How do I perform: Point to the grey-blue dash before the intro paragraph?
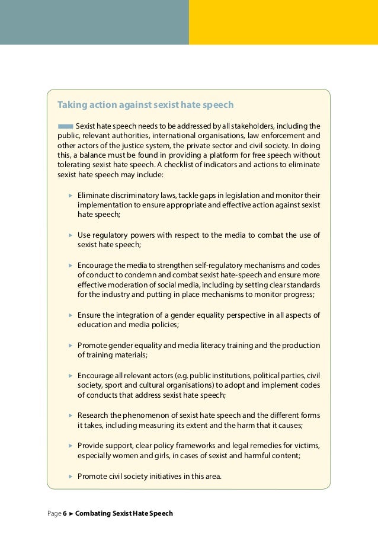[65, 126]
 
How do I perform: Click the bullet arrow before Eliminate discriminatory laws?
[70, 194]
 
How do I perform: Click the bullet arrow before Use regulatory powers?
[70, 235]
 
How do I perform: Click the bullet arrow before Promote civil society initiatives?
[70, 475]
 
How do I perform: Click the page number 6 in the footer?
[65, 513]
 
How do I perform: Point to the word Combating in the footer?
[93, 513]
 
